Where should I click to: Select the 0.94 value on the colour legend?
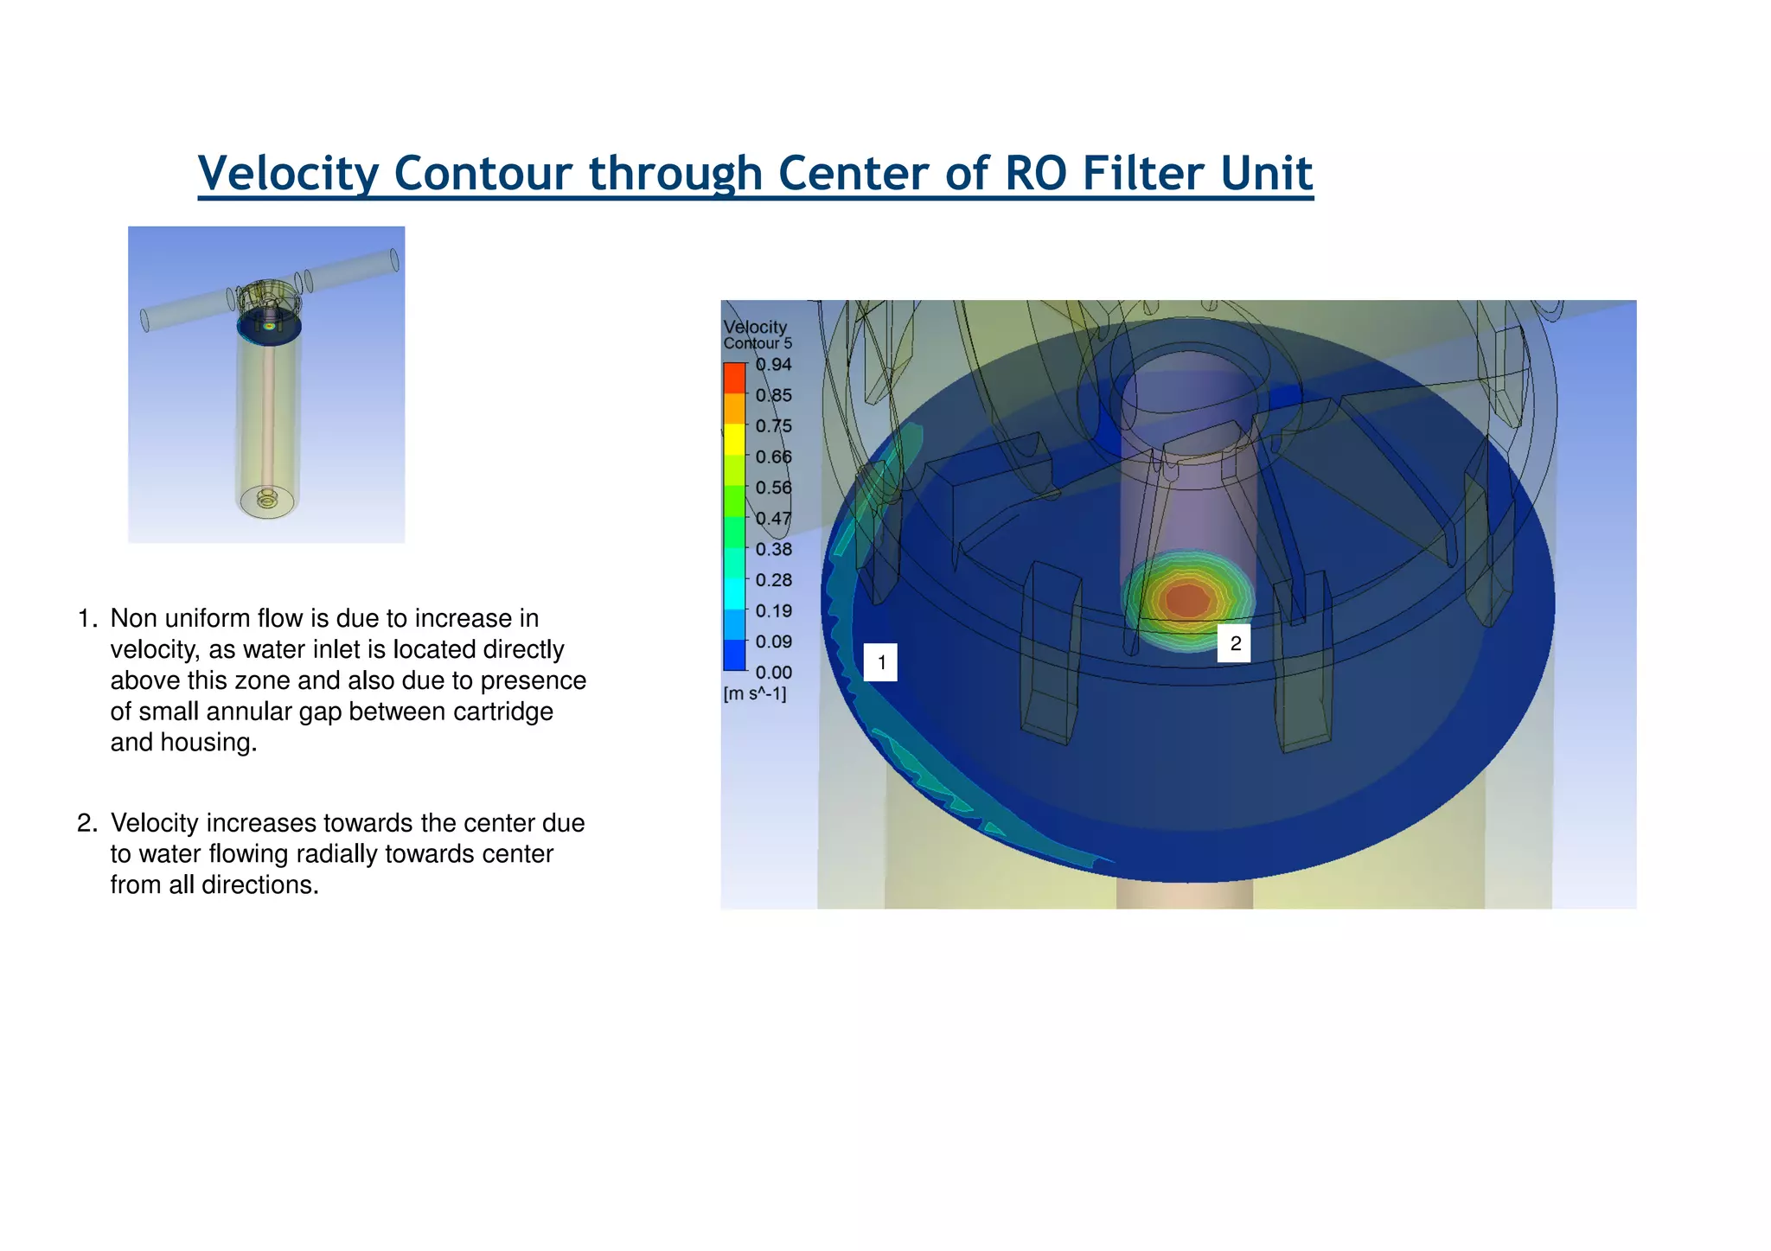pyautogui.click(x=773, y=365)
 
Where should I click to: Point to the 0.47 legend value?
pyautogui.click(x=773, y=519)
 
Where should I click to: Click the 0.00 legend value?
pyautogui.click(x=773, y=673)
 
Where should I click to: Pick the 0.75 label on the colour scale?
pyautogui.click(x=773, y=426)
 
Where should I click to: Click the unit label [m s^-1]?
pyautogui.click(x=755, y=694)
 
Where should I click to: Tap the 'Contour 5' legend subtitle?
pyautogui.click(x=758, y=344)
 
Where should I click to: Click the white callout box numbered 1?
pyautogui.click(x=880, y=663)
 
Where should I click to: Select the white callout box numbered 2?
pyautogui.click(x=1234, y=643)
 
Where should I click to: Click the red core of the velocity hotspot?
pyautogui.click(x=1188, y=599)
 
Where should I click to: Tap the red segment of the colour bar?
pyautogui.click(x=734, y=378)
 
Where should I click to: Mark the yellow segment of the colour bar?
pyautogui.click(x=734, y=439)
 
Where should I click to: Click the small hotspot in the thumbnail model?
pyautogui.click(x=269, y=327)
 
